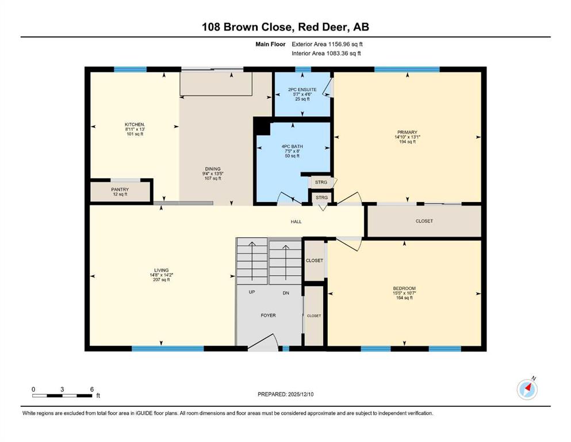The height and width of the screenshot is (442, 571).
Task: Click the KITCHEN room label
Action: (x=135, y=125)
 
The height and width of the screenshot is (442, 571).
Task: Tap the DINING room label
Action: (x=213, y=169)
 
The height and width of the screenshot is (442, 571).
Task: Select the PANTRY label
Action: (x=120, y=189)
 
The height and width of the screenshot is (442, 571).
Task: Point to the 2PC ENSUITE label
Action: (x=302, y=90)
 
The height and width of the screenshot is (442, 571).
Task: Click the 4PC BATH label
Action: (x=292, y=147)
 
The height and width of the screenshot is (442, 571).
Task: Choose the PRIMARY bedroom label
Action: (x=407, y=132)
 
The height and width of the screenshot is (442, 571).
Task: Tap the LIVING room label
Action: (x=162, y=270)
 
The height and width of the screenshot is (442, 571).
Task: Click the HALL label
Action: (x=296, y=222)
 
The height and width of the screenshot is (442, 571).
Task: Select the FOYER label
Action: (x=268, y=315)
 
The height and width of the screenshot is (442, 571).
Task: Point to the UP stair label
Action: (x=252, y=292)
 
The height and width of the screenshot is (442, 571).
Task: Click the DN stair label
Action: (x=286, y=293)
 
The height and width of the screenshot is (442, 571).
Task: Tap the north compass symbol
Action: (x=527, y=389)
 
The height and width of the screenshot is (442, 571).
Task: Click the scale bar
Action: (x=62, y=395)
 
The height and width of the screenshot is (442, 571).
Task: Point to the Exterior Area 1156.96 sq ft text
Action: (x=327, y=44)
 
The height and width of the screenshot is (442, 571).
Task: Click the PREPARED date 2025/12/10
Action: (x=300, y=394)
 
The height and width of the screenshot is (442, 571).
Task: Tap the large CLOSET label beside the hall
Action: (x=424, y=221)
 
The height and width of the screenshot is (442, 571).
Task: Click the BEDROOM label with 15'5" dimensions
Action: (x=404, y=288)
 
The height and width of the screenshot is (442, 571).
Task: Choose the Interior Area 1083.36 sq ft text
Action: (x=326, y=54)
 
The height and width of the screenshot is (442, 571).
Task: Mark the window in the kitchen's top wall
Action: (x=131, y=69)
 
